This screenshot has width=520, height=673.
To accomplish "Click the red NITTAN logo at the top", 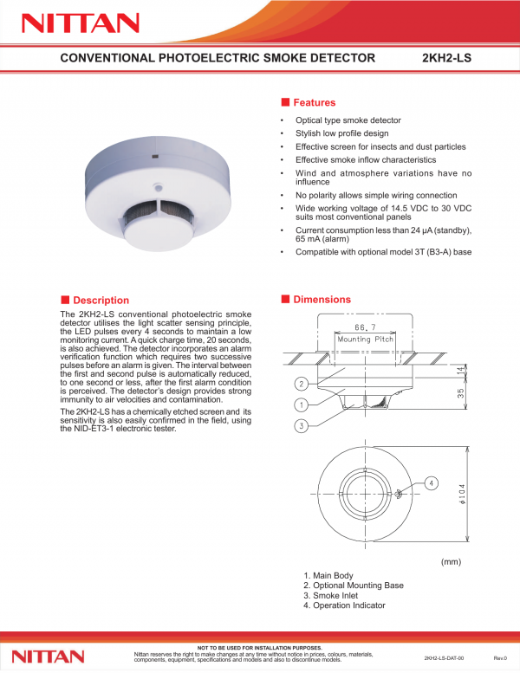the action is coord(81,23).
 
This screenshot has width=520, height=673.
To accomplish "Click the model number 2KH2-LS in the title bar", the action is coord(446,58).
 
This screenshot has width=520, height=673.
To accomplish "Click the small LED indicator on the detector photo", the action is coord(158,187).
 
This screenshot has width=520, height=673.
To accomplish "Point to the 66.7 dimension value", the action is coord(365,327).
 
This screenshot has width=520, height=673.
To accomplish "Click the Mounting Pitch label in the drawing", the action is coord(365,339).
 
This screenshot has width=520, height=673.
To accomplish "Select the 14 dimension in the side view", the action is coord(461,370).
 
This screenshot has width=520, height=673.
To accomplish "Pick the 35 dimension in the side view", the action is coord(461,392).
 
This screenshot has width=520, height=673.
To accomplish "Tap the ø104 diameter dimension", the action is coord(462,494).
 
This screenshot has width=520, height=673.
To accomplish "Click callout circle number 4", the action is coord(432,483).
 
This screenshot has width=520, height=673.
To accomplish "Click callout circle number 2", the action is coord(302,384).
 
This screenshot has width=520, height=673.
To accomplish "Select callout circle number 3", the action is coord(302,426).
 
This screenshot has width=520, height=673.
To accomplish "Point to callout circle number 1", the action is coord(302,404).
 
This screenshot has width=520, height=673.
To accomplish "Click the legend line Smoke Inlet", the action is coord(331,595).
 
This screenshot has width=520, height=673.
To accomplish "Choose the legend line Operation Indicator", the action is coord(344,605).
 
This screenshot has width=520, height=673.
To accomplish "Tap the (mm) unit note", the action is coord(451,562).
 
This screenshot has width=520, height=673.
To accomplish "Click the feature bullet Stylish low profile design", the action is coord(341,133).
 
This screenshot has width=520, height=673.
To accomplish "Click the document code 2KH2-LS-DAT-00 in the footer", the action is coord(444,658).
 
